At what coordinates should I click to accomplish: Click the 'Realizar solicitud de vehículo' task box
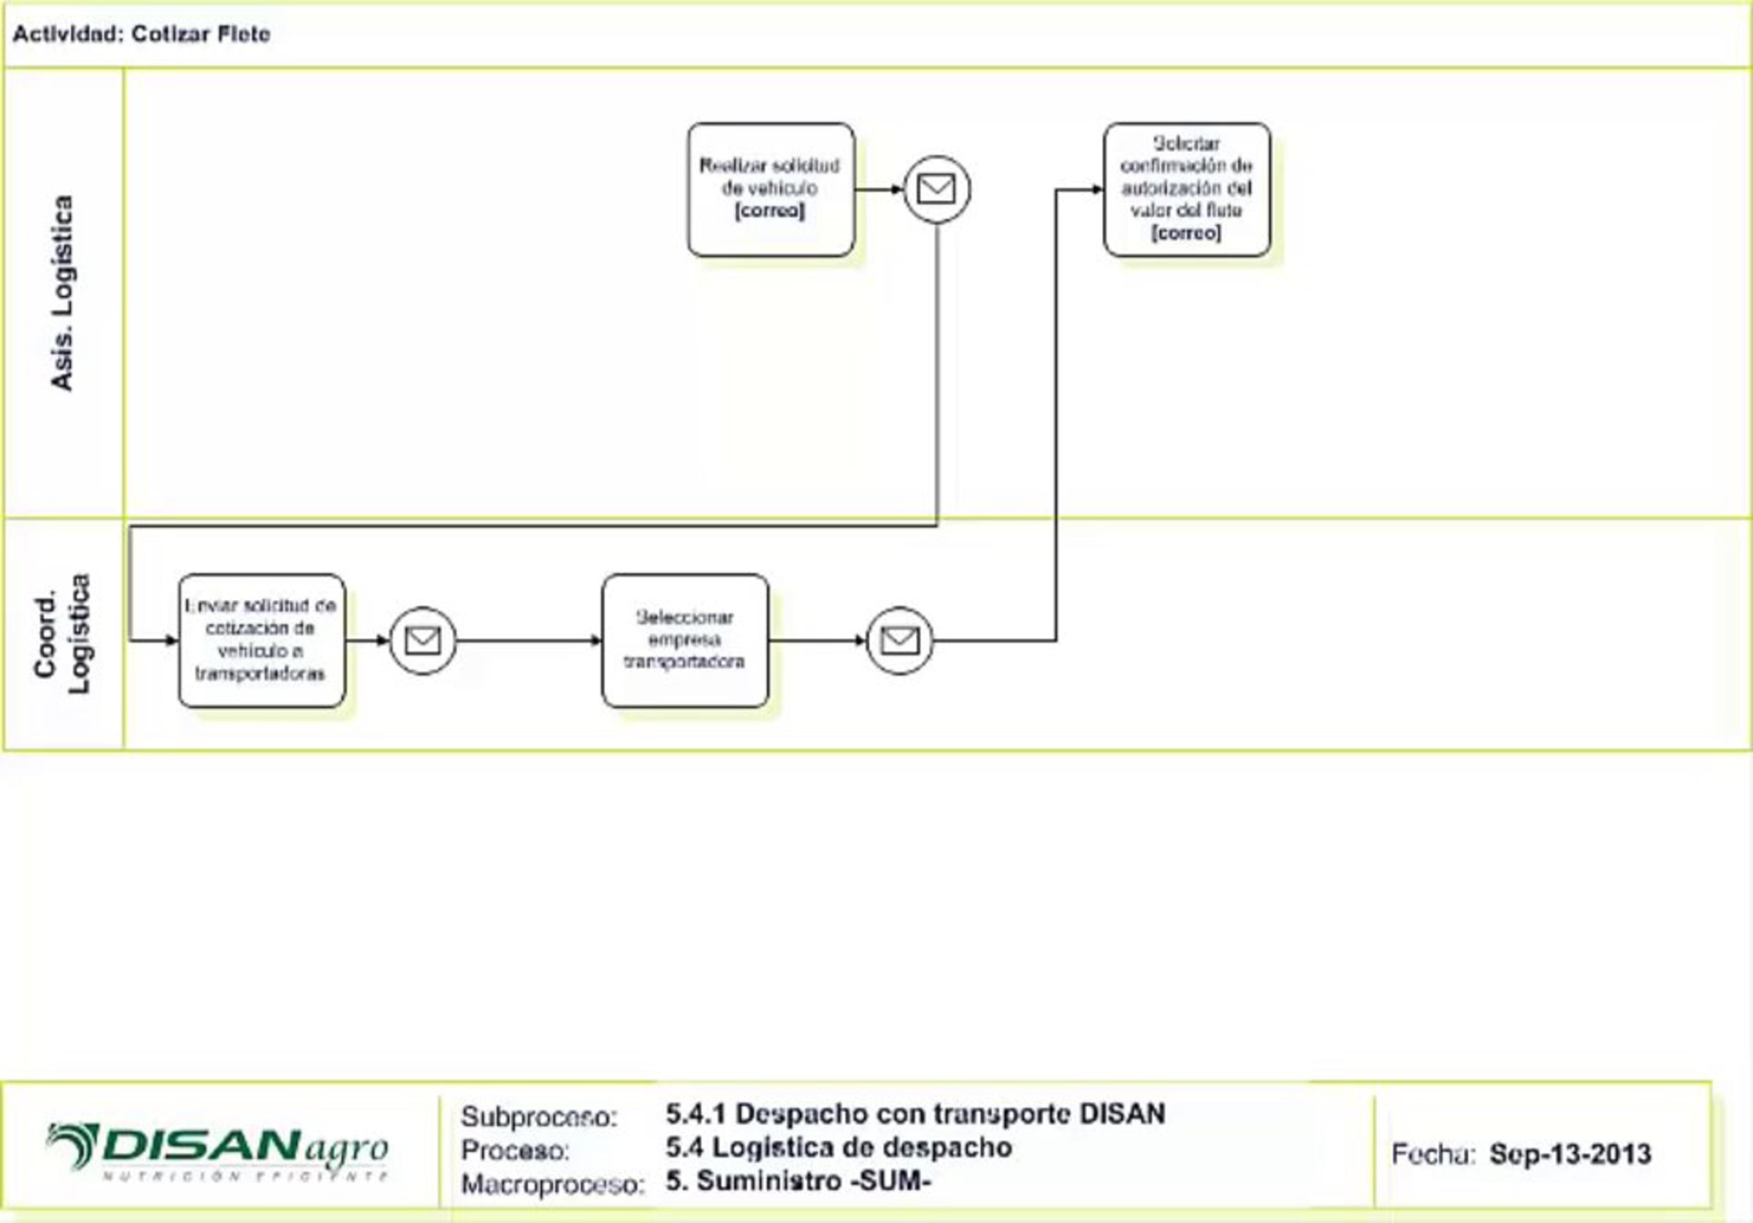771,189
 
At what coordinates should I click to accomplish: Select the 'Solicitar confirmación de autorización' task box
1186,189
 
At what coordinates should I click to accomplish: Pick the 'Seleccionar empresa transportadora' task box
685,640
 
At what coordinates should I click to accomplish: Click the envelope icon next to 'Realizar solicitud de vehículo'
937,189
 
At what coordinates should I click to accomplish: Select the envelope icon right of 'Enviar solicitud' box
423,640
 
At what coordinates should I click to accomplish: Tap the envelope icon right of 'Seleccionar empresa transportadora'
899,640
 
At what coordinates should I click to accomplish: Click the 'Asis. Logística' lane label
63,293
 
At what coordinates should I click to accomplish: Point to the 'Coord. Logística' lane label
63,634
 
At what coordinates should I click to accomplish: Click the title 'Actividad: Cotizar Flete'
142,34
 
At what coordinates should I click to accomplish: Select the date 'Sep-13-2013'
1570,1154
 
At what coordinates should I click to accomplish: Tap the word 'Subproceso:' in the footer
539,1117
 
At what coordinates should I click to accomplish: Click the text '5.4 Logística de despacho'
839,1147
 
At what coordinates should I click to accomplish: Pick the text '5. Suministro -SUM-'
798,1181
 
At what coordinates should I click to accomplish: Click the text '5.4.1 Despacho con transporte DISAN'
914,1113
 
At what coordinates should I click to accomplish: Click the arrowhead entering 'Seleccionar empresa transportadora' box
597,640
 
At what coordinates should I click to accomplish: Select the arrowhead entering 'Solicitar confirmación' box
1098,189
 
